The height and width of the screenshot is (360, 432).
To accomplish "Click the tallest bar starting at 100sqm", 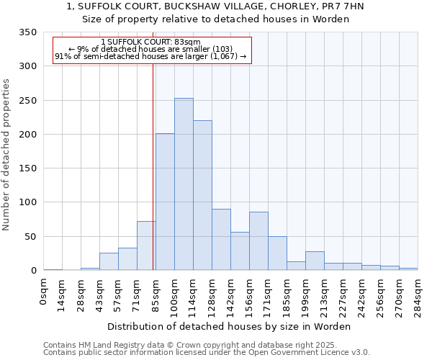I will coord(184,184).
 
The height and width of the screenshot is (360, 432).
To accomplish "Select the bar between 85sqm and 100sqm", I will coord(165,202).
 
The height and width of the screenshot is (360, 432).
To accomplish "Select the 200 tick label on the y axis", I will coord(27,135).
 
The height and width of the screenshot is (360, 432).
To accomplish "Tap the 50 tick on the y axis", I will coord(30,237).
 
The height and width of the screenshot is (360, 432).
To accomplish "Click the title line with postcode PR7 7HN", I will coord(215,6).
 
